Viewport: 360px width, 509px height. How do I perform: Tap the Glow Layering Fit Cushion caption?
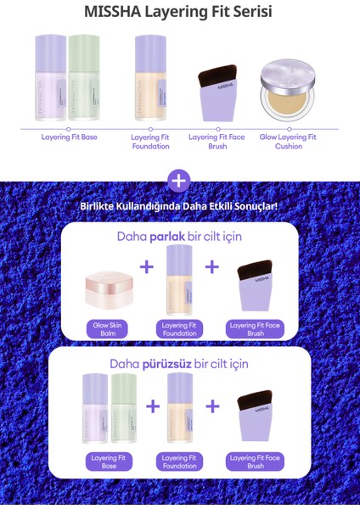(x=289, y=140)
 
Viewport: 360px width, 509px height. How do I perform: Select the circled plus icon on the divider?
(x=179, y=181)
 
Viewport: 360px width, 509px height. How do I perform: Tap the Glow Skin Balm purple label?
(x=107, y=329)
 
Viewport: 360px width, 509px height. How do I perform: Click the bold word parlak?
(x=167, y=238)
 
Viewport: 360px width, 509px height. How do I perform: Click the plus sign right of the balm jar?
(x=147, y=267)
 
